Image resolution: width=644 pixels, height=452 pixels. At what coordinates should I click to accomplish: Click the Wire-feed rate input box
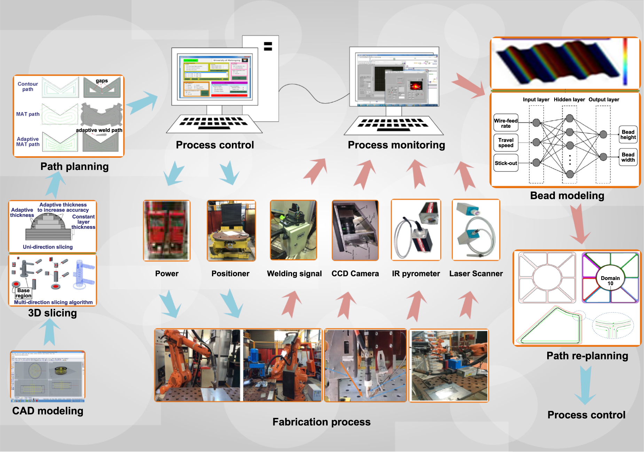[x=506, y=123]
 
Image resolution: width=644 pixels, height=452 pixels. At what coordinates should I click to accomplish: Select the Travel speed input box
[x=506, y=143]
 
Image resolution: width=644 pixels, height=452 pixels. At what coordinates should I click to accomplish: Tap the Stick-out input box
[x=506, y=163]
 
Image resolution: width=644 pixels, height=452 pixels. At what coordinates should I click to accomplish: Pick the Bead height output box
[x=628, y=135]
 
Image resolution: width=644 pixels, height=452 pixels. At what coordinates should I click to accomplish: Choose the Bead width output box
[x=628, y=157]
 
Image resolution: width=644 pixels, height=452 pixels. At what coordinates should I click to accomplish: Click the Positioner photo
[x=231, y=231]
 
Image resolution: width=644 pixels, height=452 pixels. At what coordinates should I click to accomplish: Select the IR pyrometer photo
[x=416, y=230]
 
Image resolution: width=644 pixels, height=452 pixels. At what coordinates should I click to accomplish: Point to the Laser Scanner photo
[x=476, y=230]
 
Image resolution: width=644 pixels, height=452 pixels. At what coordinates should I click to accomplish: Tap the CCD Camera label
[x=355, y=274]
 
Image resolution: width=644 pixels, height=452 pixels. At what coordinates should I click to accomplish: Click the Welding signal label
[x=294, y=274]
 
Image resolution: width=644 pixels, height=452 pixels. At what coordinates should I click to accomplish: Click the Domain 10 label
[x=610, y=281]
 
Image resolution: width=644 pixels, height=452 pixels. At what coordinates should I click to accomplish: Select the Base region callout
[x=23, y=293]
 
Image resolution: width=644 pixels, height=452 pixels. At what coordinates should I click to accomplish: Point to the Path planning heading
[x=74, y=166]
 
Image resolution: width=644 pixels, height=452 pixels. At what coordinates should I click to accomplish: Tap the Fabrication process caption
[x=321, y=422]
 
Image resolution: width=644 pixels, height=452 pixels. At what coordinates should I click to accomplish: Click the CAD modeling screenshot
[x=48, y=376]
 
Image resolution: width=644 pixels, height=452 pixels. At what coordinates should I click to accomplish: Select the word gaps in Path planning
[x=102, y=81]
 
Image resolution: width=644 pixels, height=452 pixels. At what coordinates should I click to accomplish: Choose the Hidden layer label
[x=569, y=100]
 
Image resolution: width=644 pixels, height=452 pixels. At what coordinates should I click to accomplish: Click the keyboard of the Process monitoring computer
[x=394, y=125]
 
